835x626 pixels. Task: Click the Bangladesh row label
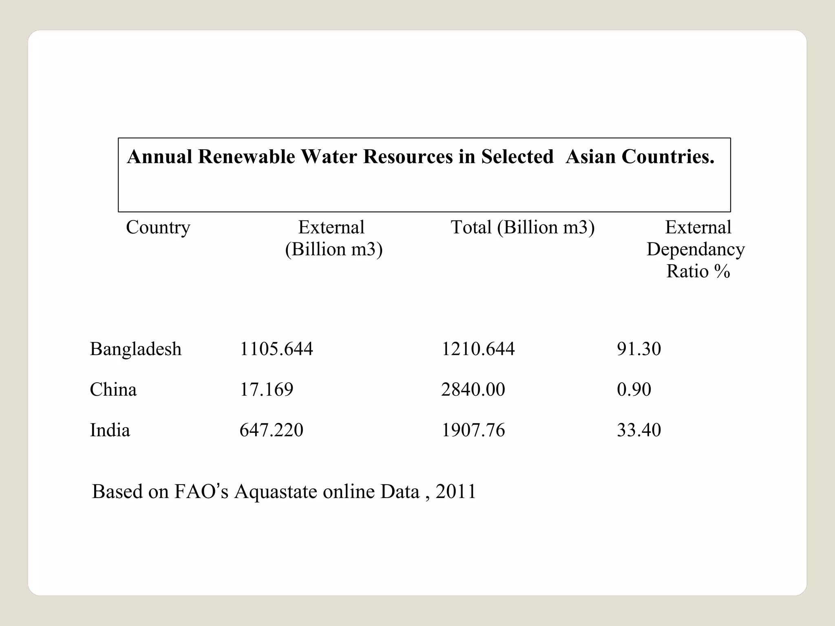(x=135, y=349)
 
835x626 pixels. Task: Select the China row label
(x=113, y=390)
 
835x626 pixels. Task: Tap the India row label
(x=110, y=430)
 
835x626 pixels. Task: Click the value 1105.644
(x=276, y=349)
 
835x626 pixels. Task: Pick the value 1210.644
(x=478, y=349)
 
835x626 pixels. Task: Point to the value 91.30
(x=638, y=349)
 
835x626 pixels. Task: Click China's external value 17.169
(x=266, y=390)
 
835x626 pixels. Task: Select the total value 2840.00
(x=473, y=390)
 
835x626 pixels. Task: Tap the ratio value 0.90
(x=634, y=390)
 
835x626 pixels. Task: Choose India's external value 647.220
(x=271, y=430)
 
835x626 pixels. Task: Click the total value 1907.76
(x=473, y=430)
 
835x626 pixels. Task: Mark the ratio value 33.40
(x=638, y=430)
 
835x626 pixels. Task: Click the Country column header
(x=158, y=227)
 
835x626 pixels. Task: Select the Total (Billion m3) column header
(x=522, y=227)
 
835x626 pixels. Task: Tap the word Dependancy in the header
(x=696, y=249)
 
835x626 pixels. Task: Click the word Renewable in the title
(x=246, y=157)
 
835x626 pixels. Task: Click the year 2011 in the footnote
(x=455, y=492)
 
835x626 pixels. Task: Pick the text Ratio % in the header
(x=698, y=271)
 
